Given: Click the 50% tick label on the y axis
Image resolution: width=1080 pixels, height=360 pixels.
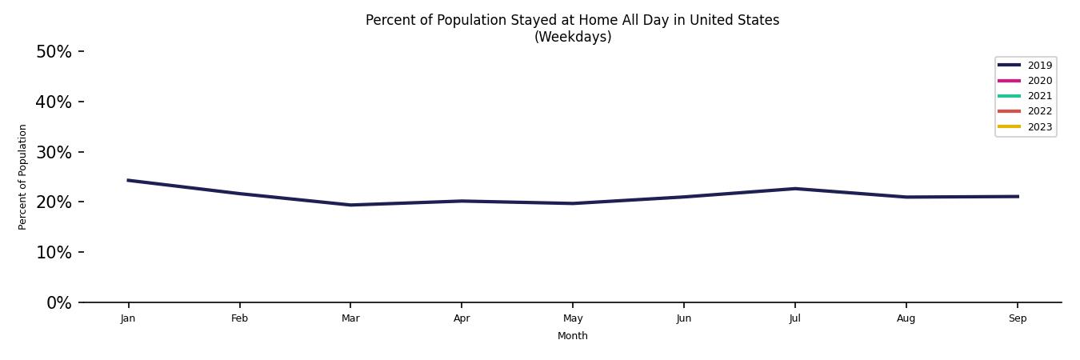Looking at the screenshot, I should coord(54,52).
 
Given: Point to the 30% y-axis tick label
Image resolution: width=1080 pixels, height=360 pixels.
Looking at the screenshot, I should coord(54,152).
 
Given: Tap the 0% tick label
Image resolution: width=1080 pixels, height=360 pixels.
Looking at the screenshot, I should coord(58,302).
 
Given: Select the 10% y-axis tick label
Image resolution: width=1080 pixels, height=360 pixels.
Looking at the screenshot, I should coord(54,252).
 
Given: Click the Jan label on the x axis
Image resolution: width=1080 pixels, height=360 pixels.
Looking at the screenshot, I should coord(128,318).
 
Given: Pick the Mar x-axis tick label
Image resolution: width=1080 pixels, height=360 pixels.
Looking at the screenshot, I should coord(350,318).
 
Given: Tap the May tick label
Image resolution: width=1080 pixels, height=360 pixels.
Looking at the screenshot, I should coord(573,318).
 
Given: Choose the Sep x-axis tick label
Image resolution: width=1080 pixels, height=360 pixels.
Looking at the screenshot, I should coord(1018,318).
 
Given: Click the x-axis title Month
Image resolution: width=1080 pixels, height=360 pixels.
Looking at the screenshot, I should coord(573,336).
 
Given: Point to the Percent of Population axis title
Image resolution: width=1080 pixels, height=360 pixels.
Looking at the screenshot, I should coord(23,177).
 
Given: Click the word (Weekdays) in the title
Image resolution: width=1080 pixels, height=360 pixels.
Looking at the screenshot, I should coord(573,37).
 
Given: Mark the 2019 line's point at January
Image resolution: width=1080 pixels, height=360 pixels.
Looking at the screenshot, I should coord(128,180).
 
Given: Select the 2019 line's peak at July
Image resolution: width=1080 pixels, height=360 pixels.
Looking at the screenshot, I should coord(795,189).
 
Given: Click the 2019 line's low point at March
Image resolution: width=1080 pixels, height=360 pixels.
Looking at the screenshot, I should coord(350,205).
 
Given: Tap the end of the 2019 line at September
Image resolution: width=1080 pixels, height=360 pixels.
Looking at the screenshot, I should coord(1018,196).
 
